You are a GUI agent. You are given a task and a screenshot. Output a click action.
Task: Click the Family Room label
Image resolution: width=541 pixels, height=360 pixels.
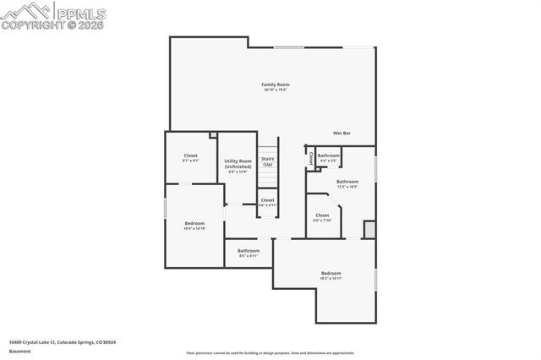[x=276, y=85]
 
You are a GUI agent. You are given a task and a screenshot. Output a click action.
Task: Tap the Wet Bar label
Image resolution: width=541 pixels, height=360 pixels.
[x=342, y=133]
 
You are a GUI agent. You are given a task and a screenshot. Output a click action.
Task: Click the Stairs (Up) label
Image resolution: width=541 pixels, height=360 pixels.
[x=267, y=161]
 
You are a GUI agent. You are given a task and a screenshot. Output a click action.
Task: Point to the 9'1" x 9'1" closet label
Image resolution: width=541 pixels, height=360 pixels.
[x=190, y=161]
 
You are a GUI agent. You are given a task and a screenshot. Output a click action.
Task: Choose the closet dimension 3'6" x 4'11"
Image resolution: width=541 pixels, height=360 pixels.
[x=267, y=205]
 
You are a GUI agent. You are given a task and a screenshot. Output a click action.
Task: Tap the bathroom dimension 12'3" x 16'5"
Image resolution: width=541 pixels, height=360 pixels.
[x=347, y=187]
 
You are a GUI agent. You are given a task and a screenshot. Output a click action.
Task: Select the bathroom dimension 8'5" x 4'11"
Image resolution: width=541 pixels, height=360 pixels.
[x=248, y=256]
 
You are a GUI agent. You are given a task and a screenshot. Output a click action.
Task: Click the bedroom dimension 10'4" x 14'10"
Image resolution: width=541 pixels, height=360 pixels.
[x=194, y=228]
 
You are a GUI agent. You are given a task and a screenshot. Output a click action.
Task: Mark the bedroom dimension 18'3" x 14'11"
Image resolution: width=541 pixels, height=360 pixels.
[x=331, y=278]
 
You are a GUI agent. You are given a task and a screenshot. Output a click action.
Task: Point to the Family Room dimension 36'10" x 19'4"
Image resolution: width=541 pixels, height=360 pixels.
[x=276, y=90]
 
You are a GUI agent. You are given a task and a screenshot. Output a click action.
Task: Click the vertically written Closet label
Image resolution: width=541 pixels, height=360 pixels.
[x=310, y=157]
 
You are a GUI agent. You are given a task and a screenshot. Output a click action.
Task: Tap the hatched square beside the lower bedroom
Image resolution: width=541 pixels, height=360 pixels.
[x=369, y=229]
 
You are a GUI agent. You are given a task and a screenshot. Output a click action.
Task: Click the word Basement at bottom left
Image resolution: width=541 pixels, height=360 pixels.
[x=20, y=351]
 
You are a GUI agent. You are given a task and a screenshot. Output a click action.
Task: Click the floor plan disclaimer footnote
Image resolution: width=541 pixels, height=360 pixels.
[x=271, y=353]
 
